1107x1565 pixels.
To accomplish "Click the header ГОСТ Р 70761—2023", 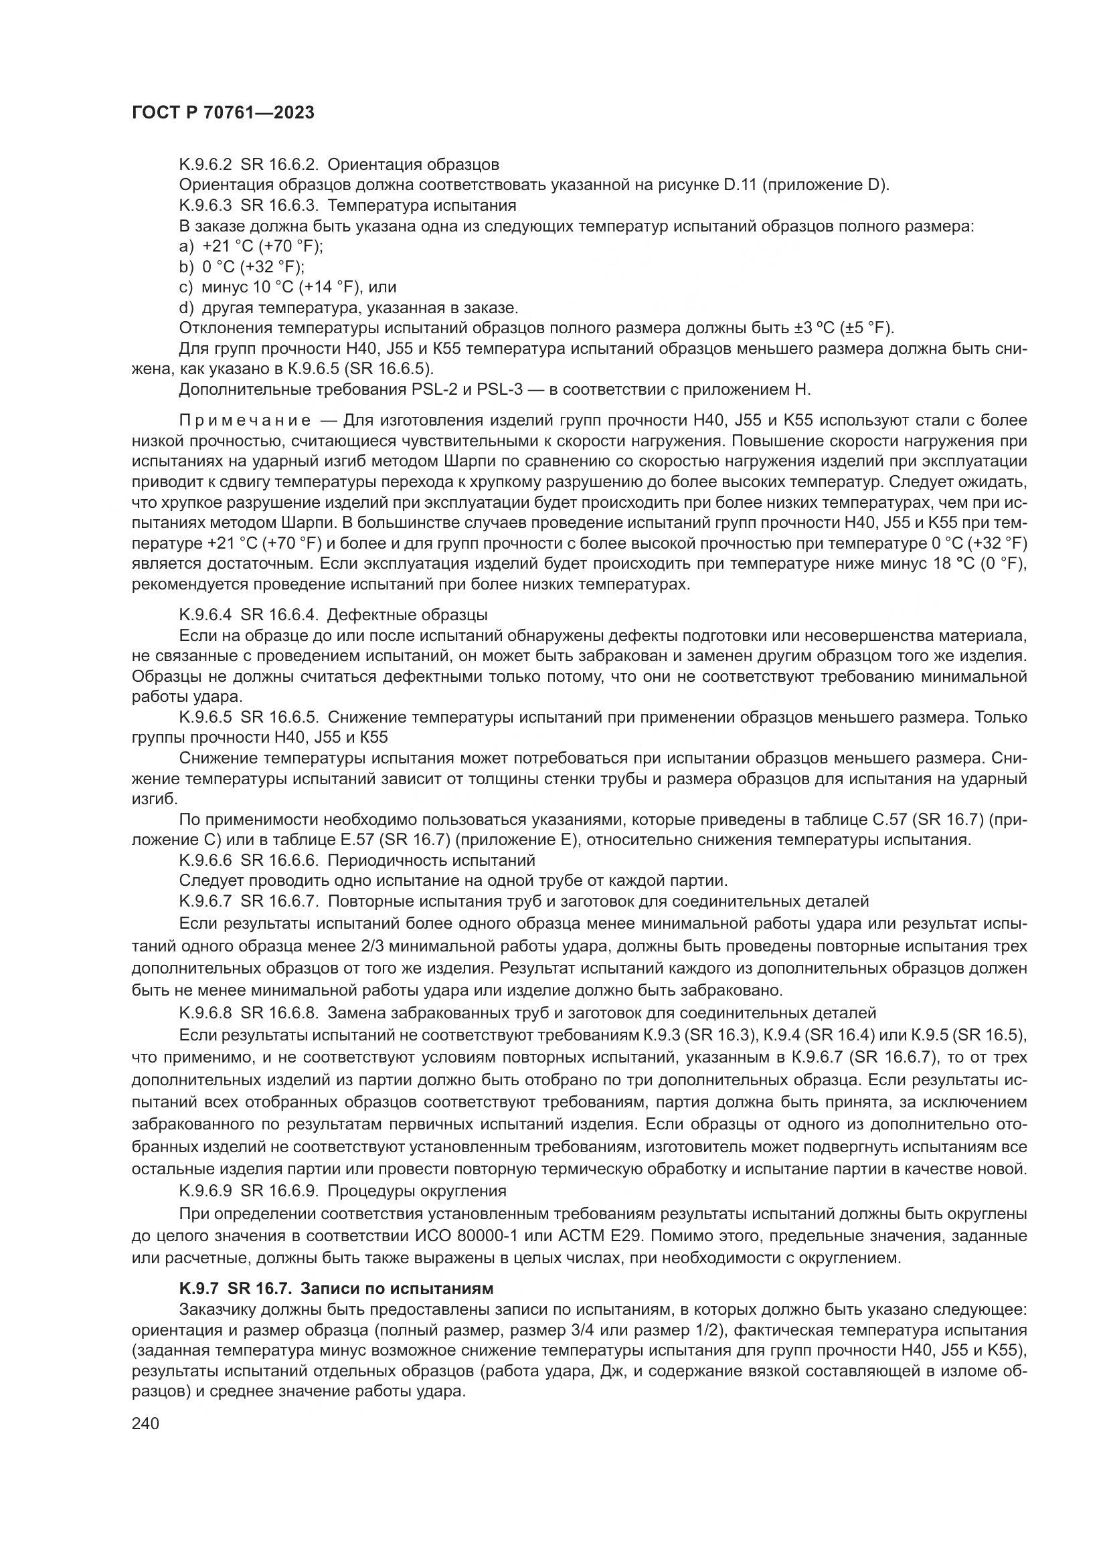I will tap(223, 113).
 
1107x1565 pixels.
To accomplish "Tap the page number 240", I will tap(145, 1423).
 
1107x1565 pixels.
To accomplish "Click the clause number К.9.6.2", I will tap(205, 165).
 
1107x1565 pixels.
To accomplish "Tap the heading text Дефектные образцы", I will tap(407, 615).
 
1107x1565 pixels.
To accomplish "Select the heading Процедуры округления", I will tap(417, 1191).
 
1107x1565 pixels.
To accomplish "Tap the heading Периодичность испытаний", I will tap(432, 860).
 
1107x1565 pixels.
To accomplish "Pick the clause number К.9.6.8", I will tap(205, 1013).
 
